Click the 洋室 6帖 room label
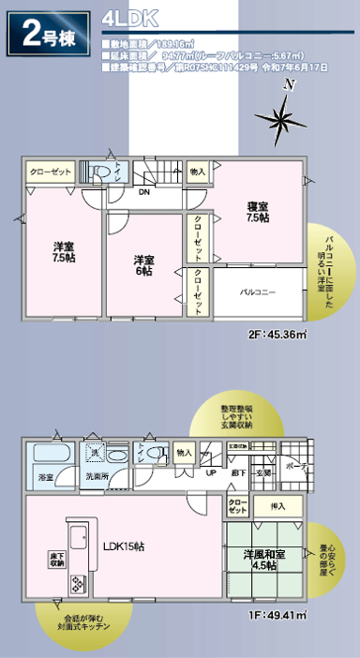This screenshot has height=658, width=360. pos(144,239)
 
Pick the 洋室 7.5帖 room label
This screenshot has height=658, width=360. pos(63,225)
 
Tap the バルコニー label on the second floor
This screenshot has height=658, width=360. pos(259,267)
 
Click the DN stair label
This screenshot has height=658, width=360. pos(144,192)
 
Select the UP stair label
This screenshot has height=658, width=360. pos(211,472)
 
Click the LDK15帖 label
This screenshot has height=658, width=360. pos(123,546)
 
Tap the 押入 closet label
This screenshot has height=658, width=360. pos(278,506)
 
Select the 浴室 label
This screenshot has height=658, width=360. pos(45,477)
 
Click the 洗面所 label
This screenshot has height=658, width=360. pos(97,477)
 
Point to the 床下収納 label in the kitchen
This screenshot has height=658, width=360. pos(55,560)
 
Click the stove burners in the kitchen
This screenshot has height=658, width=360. pos(75,585)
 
